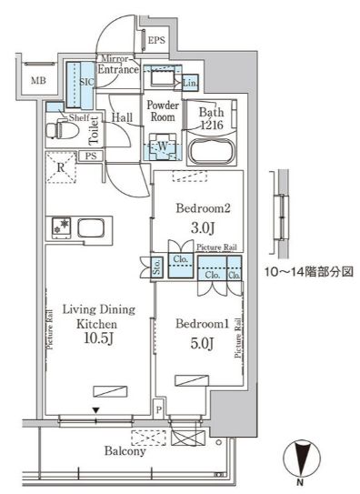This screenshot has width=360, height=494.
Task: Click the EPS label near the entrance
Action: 156,41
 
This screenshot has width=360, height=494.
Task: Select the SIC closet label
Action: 78,82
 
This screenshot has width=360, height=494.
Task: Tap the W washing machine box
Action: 161,144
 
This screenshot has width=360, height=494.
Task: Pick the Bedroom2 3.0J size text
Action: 202,227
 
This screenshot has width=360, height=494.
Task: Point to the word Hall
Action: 122,117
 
